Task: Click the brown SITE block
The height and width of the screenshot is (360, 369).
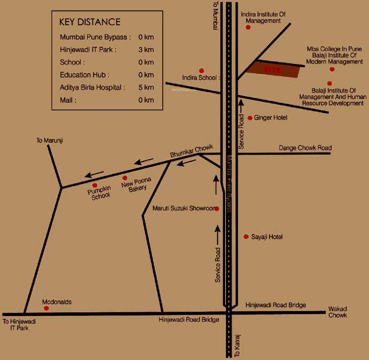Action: click(273, 69)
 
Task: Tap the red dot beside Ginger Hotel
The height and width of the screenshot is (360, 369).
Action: click(250, 118)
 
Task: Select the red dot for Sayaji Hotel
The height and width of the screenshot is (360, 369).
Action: click(246, 237)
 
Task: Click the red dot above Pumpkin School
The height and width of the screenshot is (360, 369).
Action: click(95, 185)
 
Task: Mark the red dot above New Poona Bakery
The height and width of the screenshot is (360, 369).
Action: click(125, 178)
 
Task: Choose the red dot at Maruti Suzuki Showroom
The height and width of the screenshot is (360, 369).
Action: click(217, 209)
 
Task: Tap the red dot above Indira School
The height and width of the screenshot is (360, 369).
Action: click(202, 71)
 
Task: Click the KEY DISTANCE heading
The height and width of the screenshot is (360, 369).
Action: click(90, 22)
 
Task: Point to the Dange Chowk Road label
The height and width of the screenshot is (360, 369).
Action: click(305, 148)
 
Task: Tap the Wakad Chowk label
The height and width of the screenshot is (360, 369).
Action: click(338, 312)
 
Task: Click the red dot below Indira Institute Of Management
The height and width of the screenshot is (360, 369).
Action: click(248, 27)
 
